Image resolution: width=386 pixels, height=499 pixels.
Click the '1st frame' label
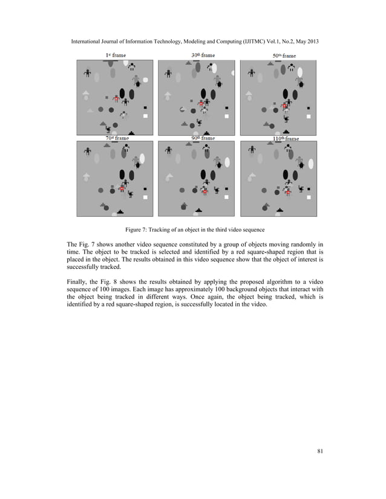116,55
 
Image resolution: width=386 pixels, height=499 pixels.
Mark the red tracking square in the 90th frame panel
204,192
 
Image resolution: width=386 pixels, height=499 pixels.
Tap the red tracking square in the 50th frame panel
284,107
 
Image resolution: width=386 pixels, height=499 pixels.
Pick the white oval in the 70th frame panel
142,159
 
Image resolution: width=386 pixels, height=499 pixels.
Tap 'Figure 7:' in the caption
137,230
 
